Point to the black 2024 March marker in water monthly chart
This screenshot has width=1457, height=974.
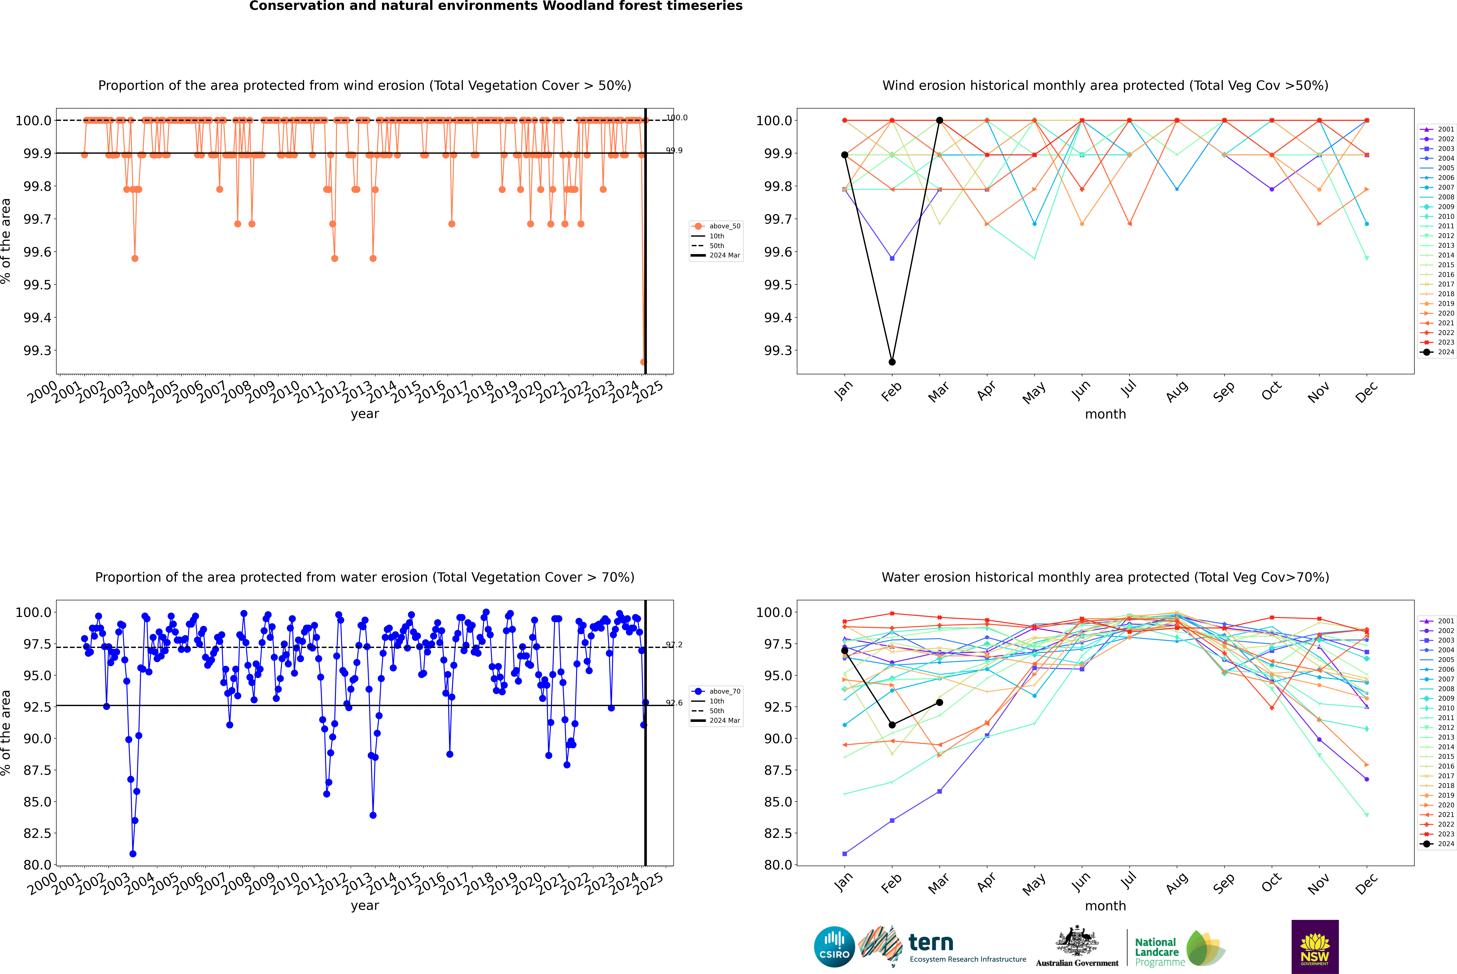pyautogui.click(x=939, y=703)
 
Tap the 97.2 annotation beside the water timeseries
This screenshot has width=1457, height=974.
pyautogui.click(x=674, y=645)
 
